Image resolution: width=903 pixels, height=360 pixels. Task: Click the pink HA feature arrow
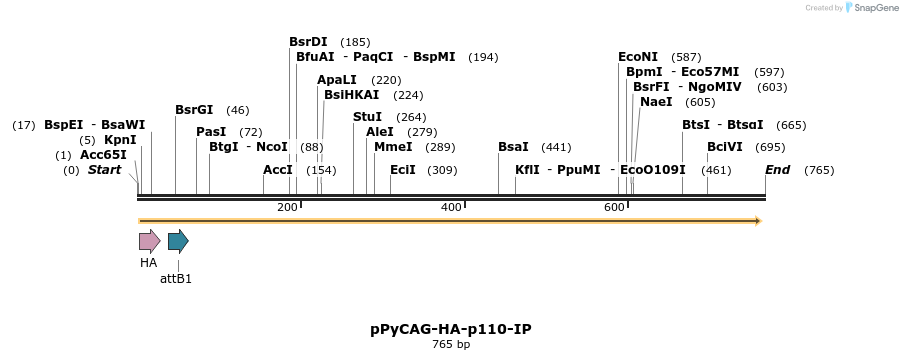149,241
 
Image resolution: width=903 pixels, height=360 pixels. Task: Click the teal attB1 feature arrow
178,241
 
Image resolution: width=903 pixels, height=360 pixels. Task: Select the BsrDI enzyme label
308,42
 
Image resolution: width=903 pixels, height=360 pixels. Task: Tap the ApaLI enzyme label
337,80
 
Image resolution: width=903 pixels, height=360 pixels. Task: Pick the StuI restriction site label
367,117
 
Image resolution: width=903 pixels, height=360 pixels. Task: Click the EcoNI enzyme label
638,57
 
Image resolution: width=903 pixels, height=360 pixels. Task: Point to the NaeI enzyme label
656,102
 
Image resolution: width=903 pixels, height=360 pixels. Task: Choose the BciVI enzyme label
725,147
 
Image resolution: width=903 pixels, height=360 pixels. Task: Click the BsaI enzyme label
513,147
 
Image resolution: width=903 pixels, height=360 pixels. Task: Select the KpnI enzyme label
120,140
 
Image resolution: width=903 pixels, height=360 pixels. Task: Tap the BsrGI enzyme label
194,110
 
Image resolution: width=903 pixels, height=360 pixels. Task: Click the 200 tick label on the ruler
287,207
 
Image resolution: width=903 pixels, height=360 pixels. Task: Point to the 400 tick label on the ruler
451,207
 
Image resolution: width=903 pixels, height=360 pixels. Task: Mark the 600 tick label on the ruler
614,207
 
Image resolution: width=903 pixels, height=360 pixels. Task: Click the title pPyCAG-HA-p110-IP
450,329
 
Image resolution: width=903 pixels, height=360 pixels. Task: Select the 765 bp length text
450,345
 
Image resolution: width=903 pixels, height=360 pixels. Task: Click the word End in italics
777,170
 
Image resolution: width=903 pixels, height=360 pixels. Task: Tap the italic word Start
104,170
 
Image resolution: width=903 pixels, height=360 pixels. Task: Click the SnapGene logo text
870,8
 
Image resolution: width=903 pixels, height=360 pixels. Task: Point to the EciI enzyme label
403,170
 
